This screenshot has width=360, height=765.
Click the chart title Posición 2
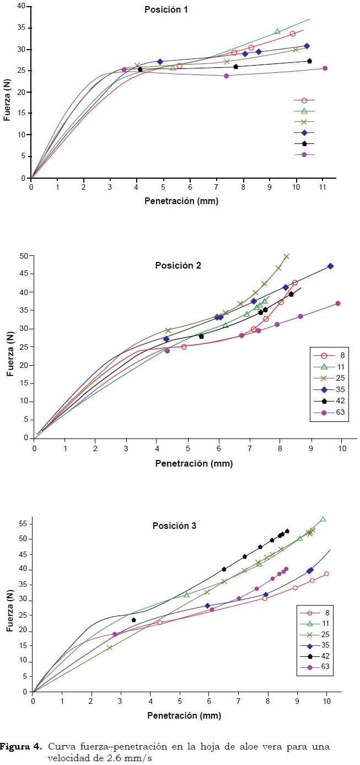[178, 265]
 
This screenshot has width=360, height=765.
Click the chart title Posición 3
[175, 526]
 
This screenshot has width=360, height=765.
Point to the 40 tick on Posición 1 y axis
[21, 7]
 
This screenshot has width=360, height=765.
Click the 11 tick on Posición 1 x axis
[323, 187]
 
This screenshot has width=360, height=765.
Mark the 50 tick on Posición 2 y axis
[23, 255]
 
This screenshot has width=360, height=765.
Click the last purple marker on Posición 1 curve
[325, 68]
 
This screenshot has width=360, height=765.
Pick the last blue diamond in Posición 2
[330, 266]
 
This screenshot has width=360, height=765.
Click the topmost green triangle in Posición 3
[323, 520]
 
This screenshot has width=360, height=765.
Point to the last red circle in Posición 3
[326, 574]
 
